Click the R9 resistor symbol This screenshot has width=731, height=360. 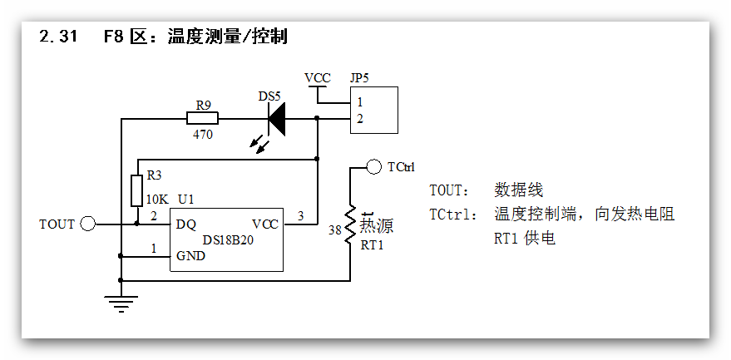point(203,119)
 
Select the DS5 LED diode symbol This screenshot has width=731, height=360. point(275,119)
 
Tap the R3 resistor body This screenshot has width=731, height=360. point(137,190)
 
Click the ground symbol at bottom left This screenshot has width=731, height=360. point(121,302)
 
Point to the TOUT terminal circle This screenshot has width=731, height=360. point(88,224)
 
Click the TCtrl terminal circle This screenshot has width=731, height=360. point(373,167)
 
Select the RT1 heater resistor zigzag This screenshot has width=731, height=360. point(351,223)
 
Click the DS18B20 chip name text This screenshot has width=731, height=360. point(230,240)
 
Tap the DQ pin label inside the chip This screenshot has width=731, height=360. point(186,224)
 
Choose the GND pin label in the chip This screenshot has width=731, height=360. point(190,256)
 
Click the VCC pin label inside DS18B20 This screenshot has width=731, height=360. point(265,224)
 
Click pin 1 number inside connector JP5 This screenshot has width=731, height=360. point(359,102)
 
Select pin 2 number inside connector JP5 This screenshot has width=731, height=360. point(359,119)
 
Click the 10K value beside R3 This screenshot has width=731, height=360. point(157,200)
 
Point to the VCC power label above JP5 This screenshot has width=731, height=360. point(317,78)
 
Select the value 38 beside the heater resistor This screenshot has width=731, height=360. point(334,230)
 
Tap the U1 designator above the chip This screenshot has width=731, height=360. point(186,200)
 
